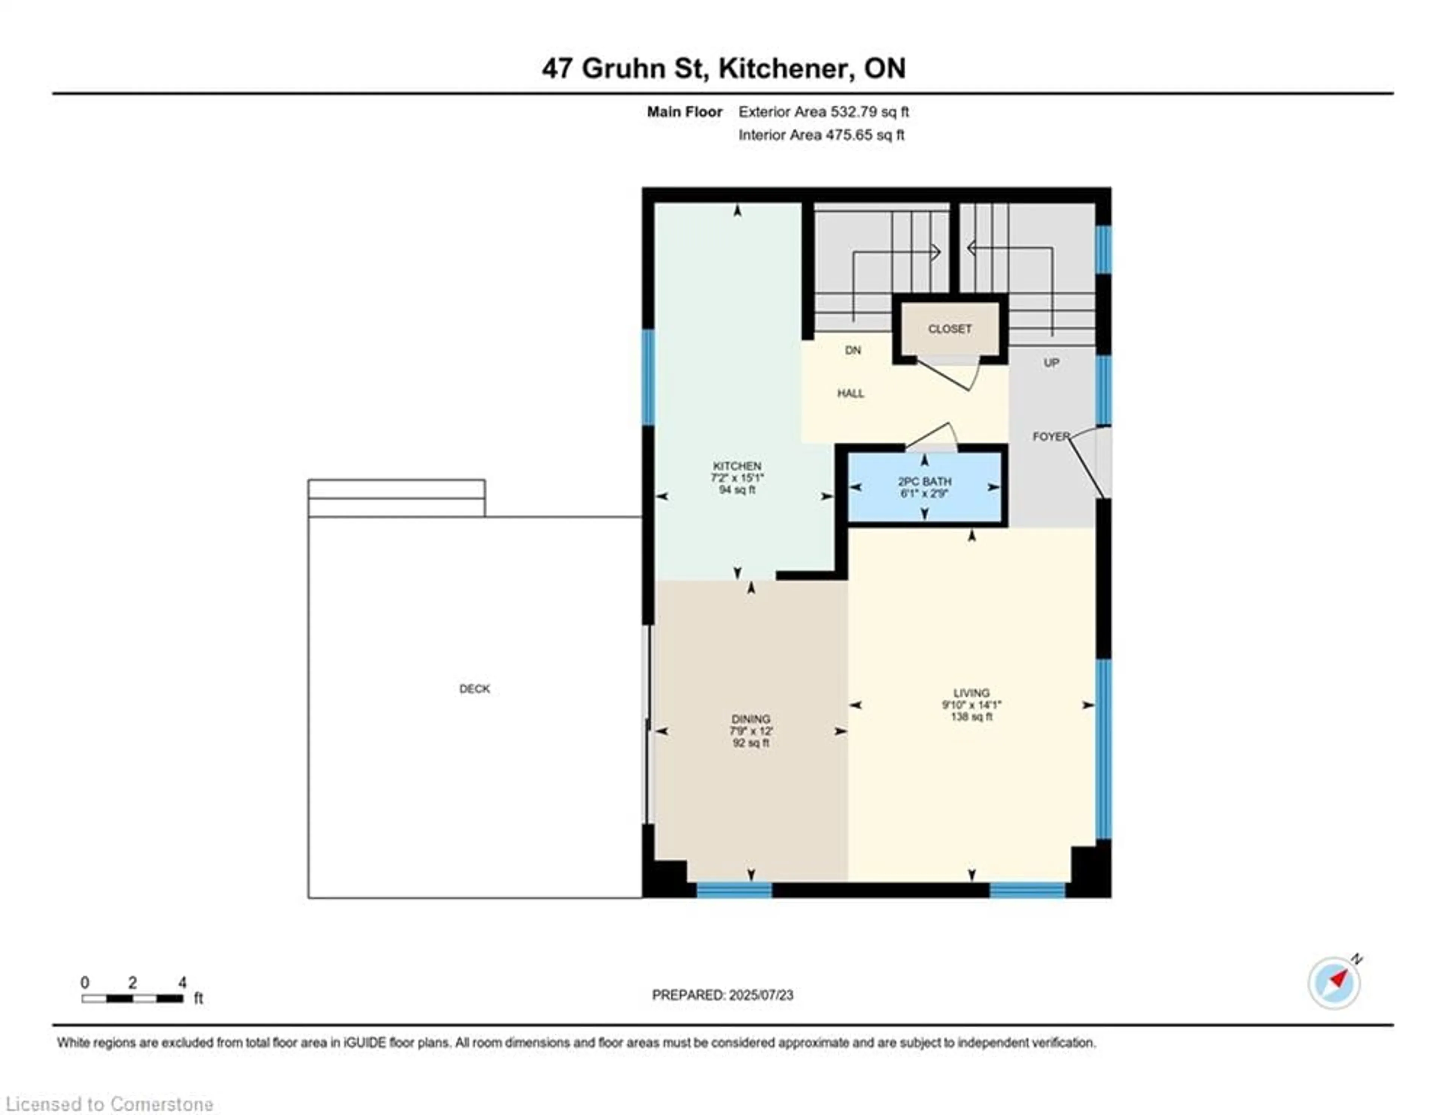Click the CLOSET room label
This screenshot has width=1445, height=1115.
tap(949, 329)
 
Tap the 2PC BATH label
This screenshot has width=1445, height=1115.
tap(924, 482)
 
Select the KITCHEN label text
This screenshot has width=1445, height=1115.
tap(736, 466)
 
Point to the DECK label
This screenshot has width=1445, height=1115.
tap(475, 688)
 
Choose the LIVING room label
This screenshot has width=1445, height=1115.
tap(971, 693)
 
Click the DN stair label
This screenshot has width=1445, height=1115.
tap(853, 351)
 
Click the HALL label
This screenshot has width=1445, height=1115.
tap(850, 393)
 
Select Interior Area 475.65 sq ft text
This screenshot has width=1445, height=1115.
tap(821, 135)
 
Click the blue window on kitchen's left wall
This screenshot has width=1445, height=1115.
tap(649, 377)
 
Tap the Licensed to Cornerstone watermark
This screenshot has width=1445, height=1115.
tap(109, 1104)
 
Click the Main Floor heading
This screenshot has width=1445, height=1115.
tap(684, 112)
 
